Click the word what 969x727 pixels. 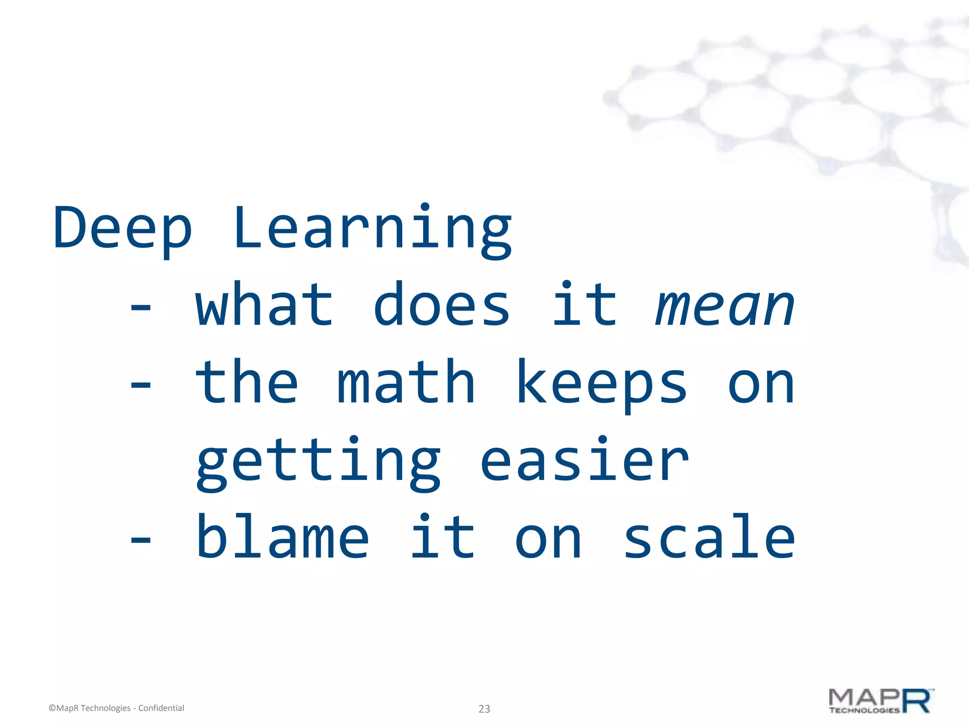264,305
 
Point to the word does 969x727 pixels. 442,305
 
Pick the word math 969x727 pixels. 406,382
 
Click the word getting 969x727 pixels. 318,461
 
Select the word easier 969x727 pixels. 584,460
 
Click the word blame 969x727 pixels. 282,537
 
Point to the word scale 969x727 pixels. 709,537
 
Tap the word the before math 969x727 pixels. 247,382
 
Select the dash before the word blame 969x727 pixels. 141,539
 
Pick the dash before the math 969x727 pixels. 141,385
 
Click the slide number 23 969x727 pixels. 484,709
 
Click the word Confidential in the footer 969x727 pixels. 161,708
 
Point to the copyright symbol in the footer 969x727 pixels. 52,709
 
